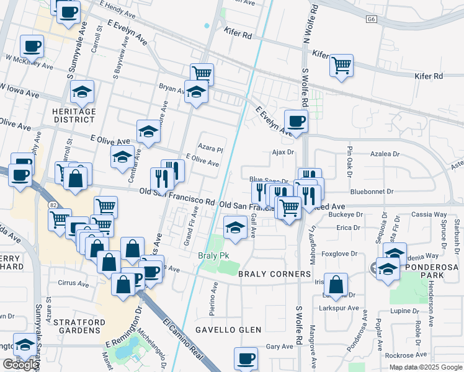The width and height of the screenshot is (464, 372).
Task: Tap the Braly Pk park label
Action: [210, 256]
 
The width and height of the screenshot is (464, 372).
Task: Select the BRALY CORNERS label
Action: [274, 273]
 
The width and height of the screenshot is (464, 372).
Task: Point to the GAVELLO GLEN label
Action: [228, 329]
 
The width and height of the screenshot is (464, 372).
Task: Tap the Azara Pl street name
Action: [210, 149]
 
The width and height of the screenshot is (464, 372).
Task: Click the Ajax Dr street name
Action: [282, 151]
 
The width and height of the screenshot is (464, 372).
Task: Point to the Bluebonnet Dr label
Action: [372, 192]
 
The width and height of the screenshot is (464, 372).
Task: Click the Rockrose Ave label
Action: [406, 355]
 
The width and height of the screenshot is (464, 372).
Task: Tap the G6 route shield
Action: [371, 20]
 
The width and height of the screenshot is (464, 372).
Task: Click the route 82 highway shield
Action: [50, 204]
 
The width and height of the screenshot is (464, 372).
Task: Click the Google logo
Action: [20, 365]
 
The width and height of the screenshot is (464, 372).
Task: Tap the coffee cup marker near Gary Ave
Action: [246, 358]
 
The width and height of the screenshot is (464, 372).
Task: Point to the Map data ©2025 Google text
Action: [425, 367]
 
